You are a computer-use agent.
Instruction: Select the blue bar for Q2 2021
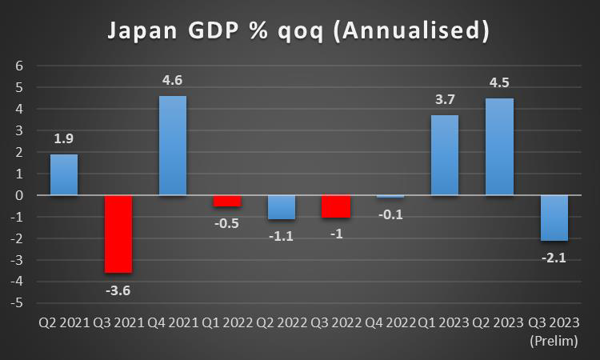tap(64, 174)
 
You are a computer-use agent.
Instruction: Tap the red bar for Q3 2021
tap(118, 234)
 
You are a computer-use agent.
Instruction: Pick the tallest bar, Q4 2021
tap(173, 146)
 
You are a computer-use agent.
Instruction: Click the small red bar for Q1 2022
tap(227, 201)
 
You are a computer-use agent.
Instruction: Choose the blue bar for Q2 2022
tap(282, 207)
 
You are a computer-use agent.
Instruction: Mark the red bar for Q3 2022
tap(336, 206)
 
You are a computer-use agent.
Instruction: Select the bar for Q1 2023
tap(445, 155)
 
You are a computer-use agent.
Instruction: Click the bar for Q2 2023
tap(499, 146)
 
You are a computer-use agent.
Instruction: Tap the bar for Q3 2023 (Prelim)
tap(554, 218)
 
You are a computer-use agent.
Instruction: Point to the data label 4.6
tap(173, 80)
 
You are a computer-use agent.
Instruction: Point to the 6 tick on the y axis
tap(20, 66)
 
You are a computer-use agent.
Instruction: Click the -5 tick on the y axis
tap(18, 303)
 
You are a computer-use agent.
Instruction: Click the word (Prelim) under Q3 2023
tap(554, 341)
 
